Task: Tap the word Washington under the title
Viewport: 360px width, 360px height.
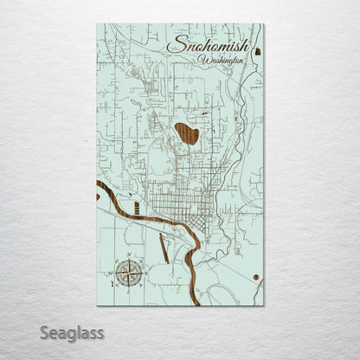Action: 220,61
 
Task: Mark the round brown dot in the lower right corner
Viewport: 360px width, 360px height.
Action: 257,277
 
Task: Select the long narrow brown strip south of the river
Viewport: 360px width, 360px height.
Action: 164,250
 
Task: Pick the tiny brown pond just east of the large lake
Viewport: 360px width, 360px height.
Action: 204,113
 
